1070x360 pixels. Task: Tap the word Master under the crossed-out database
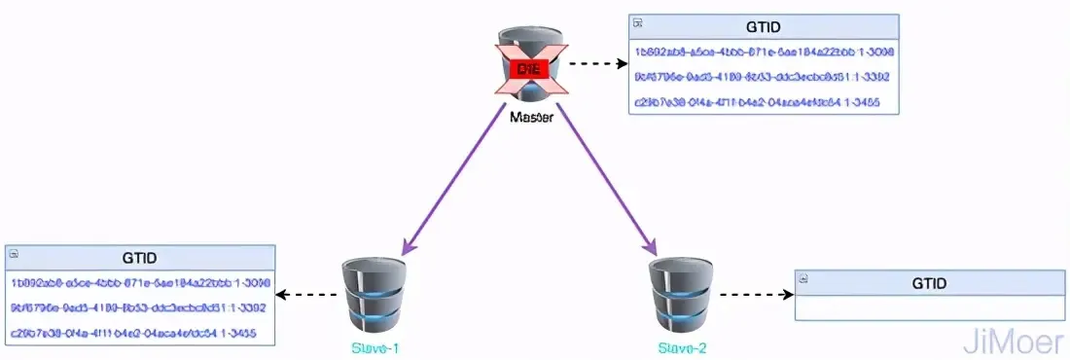coord(532,117)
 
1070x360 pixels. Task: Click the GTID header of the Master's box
coord(763,27)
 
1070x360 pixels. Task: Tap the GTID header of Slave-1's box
coord(140,259)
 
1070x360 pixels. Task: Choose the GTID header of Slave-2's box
coord(930,282)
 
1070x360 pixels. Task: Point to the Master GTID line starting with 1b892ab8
coord(764,52)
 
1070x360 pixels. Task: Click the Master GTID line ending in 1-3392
coord(763,77)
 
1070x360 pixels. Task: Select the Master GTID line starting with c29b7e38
coord(763,102)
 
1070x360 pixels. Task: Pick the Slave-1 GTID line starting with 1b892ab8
coord(140,283)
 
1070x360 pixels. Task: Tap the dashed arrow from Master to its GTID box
coord(596,65)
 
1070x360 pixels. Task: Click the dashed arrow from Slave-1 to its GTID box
coord(310,294)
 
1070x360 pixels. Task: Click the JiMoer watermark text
coord(1014,341)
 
